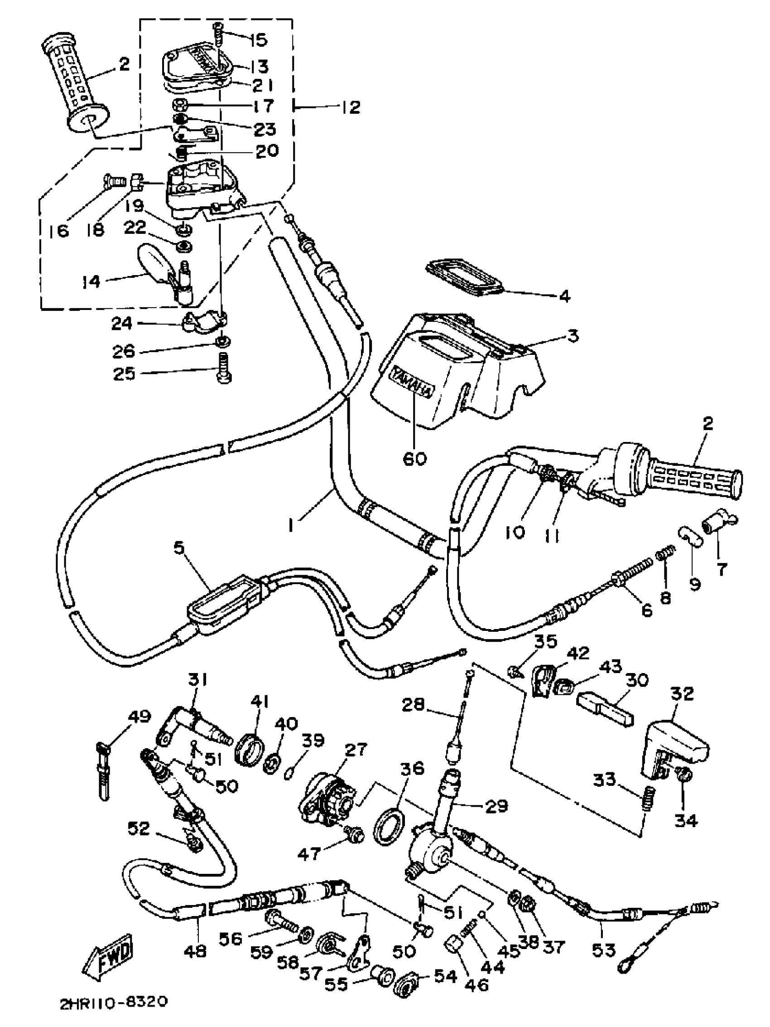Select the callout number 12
pos(351,107)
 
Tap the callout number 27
pos(356,749)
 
